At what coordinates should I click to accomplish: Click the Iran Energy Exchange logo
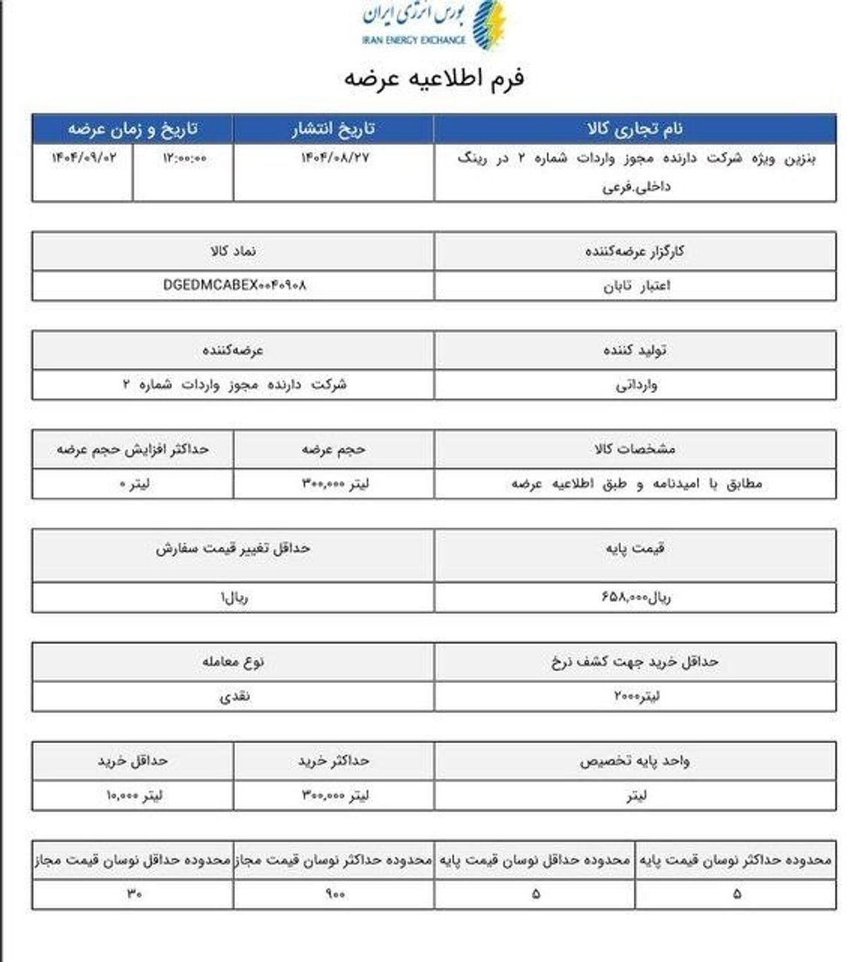pyautogui.click(x=434, y=25)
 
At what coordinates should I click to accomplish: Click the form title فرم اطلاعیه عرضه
pyautogui.click(x=434, y=78)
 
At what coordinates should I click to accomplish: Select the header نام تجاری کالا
pyautogui.click(x=635, y=129)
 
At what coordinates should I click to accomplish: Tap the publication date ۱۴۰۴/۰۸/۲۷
pyautogui.click(x=335, y=158)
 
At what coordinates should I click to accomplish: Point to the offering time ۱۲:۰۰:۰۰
pyautogui.click(x=184, y=158)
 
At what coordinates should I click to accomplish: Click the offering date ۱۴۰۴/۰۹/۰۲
pyautogui.click(x=83, y=158)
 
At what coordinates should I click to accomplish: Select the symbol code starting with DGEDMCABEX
pyautogui.click(x=234, y=285)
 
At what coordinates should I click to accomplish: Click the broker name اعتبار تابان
pyautogui.click(x=636, y=286)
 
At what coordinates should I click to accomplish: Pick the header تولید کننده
pyautogui.click(x=635, y=350)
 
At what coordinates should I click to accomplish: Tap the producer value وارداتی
pyautogui.click(x=636, y=386)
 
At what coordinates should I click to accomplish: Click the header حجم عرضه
pyautogui.click(x=333, y=449)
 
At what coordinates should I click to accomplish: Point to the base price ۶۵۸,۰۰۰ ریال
pyautogui.click(x=636, y=597)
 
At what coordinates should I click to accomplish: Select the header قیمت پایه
pyautogui.click(x=635, y=548)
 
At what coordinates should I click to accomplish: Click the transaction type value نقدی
pyautogui.click(x=234, y=696)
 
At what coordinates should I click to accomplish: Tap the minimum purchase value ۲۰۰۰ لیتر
pyautogui.click(x=636, y=696)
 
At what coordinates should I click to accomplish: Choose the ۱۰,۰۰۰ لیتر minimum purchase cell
pyautogui.click(x=134, y=795)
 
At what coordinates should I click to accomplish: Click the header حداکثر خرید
pyautogui.click(x=333, y=761)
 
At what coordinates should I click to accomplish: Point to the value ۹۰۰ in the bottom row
pyautogui.click(x=335, y=893)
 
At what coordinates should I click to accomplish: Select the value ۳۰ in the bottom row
pyautogui.click(x=134, y=893)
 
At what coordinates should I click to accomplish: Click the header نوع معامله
pyautogui.click(x=233, y=662)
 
